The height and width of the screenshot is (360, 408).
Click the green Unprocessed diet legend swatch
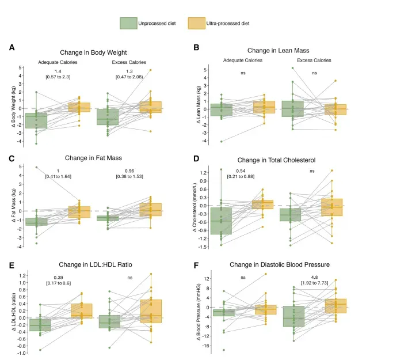127,24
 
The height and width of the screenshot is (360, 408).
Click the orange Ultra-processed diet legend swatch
196,24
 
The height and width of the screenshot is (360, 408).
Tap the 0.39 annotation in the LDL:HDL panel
58,277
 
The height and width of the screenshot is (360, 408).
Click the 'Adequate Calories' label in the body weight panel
58,62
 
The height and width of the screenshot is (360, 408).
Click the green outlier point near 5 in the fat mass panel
36,168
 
